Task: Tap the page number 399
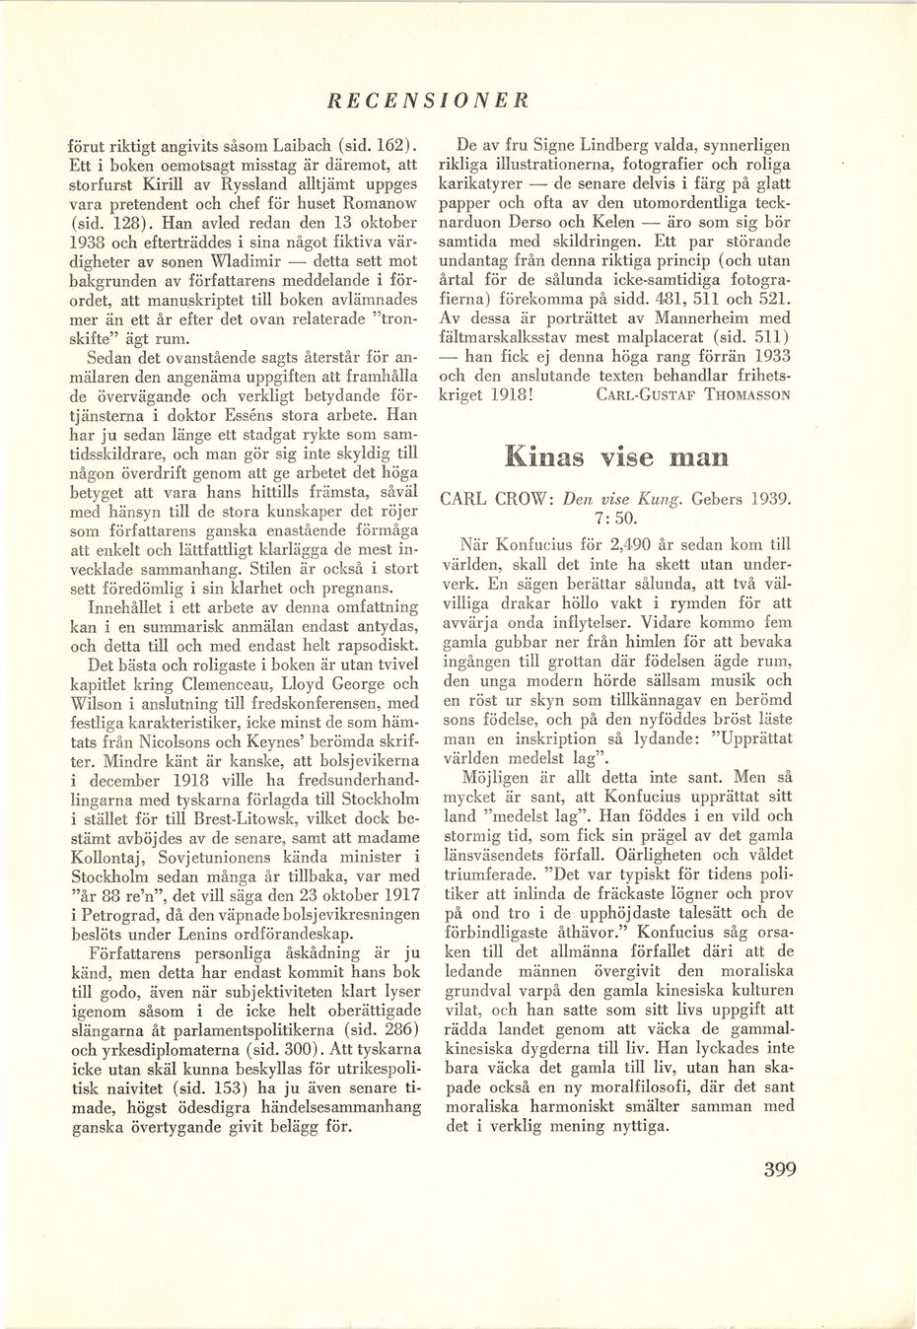(x=780, y=1170)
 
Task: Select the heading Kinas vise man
(x=616, y=456)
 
